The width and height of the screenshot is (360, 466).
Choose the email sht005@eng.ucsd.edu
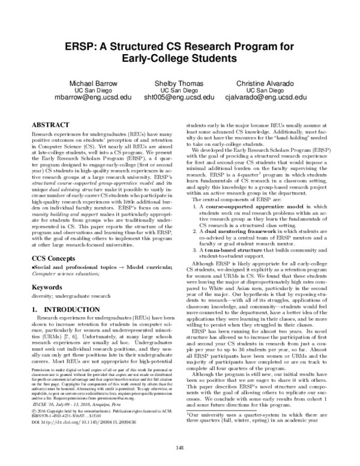click(x=179, y=97)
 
